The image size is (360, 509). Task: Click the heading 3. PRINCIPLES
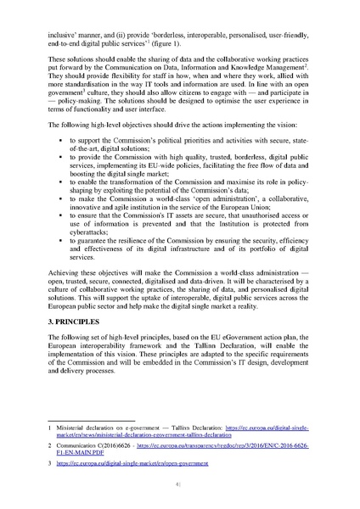78,324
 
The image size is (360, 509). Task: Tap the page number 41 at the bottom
179,485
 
